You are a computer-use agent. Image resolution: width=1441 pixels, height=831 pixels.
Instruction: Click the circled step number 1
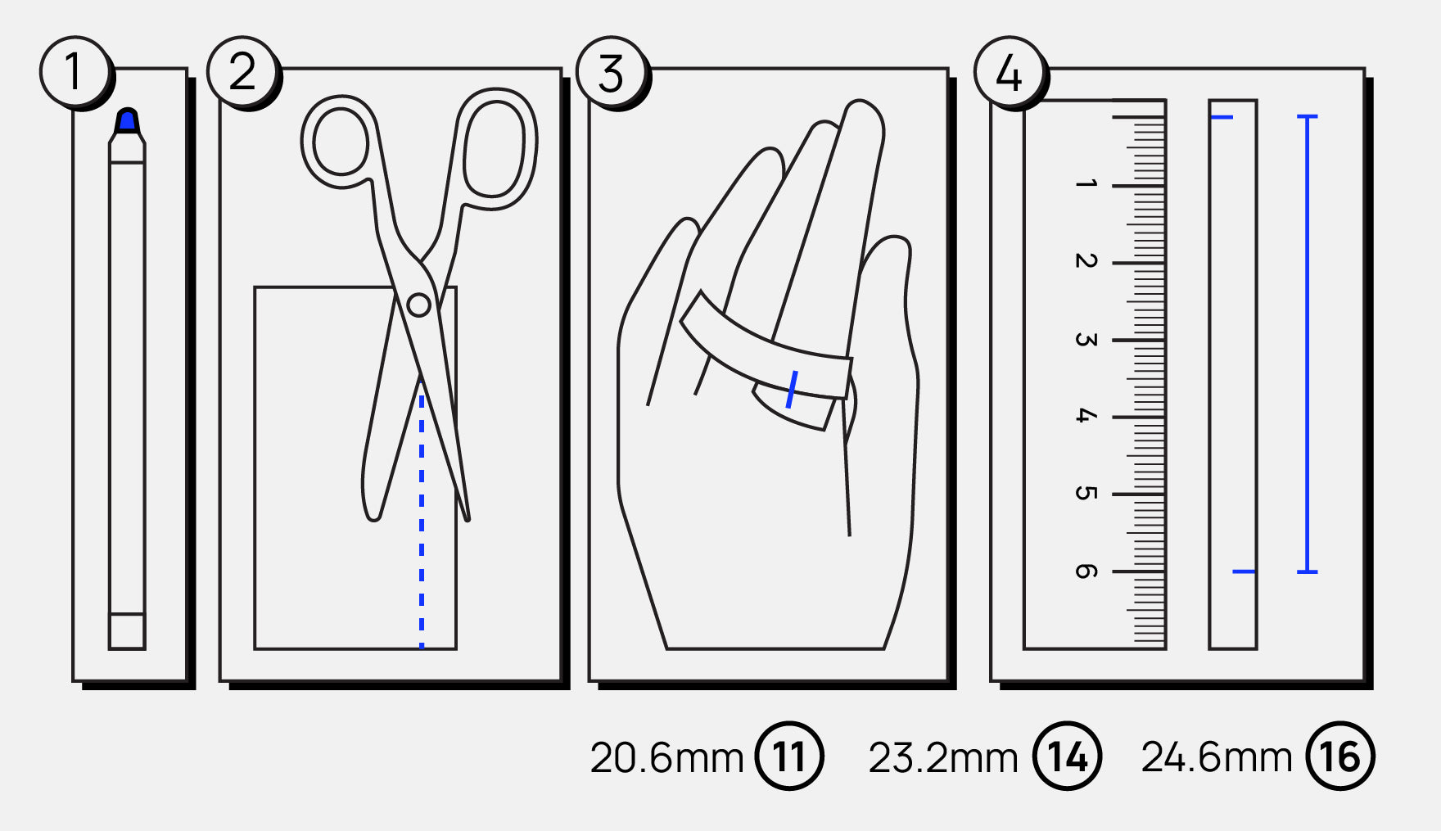pos(74,71)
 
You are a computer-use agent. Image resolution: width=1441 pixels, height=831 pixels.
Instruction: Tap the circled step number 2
pos(242,71)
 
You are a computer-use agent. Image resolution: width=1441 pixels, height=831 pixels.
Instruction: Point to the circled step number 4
pos(1009,72)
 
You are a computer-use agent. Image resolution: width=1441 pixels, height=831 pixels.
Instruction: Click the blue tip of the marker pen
pos(127,121)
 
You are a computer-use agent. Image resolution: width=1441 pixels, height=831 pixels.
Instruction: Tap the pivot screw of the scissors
pos(418,305)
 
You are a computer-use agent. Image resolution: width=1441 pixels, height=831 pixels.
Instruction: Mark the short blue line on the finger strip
pos(792,389)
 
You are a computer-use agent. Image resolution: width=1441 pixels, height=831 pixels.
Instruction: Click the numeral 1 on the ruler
pos(1086,184)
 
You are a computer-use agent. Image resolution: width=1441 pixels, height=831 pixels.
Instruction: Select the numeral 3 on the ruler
pos(1086,339)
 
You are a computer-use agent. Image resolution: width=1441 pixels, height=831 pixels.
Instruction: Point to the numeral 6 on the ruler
pos(1086,571)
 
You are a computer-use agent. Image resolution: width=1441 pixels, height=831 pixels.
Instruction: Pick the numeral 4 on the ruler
pos(1086,416)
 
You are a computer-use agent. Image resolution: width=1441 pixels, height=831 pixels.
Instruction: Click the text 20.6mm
pos(666,758)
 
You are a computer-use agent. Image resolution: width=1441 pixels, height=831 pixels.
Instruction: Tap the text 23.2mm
pos(943,758)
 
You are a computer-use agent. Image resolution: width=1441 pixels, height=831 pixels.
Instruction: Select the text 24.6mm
pos(1217,757)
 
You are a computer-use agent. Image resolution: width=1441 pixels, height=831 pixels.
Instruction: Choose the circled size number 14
pos(1068,756)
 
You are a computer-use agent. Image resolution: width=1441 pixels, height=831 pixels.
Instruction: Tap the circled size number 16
pos(1340,756)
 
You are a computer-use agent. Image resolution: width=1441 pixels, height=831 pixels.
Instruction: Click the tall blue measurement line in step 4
pos(1308,344)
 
